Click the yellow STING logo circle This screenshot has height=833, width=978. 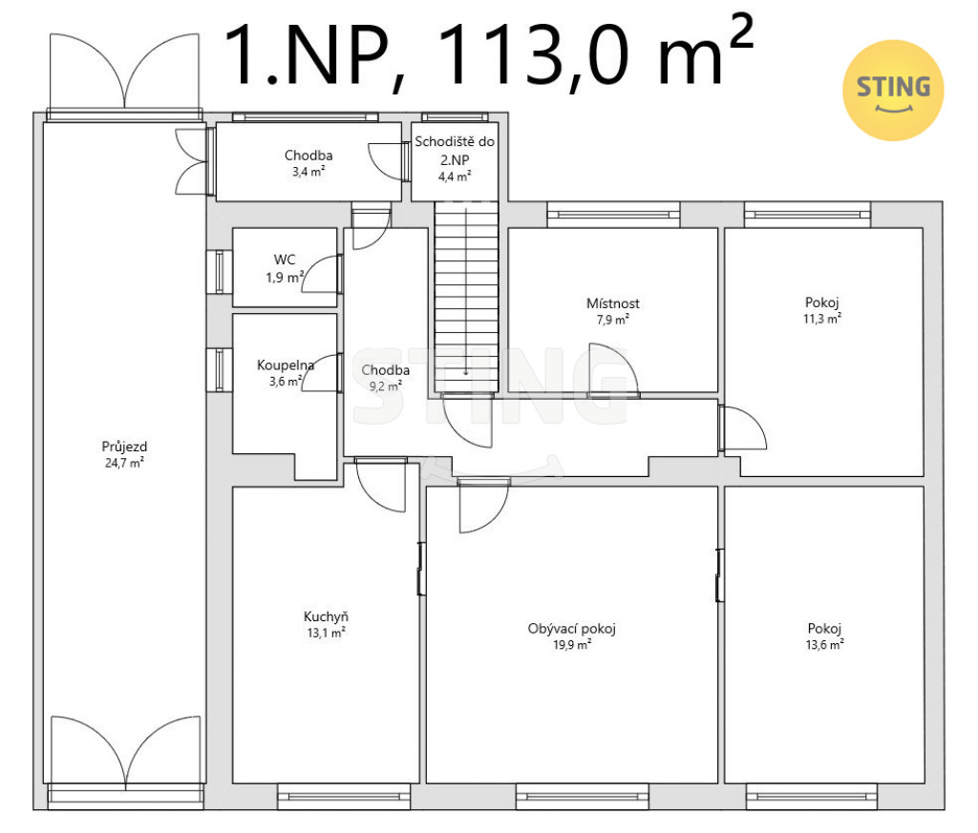pyautogui.click(x=893, y=91)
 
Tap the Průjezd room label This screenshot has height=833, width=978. pyautogui.click(x=124, y=447)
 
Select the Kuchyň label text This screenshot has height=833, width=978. pyautogui.click(x=326, y=616)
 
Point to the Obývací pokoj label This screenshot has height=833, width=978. pyautogui.click(x=571, y=629)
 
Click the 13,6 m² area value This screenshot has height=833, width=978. pyautogui.click(x=824, y=645)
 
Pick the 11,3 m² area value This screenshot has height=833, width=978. pyautogui.click(x=822, y=319)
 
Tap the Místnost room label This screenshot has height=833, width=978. pyautogui.click(x=612, y=303)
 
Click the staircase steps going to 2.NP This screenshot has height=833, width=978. pyautogui.click(x=466, y=297)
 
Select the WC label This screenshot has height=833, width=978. pyautogui.click(x=285, y=260)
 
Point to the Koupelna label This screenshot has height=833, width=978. pyautogui.click(x=285, y=365)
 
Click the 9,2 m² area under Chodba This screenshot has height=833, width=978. pyautogui.click(x=386, y=386)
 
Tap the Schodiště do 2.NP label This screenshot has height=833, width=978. pyautogui.click(x=455, y=150)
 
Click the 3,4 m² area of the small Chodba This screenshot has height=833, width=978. pyautogui.click(x=308, y=172)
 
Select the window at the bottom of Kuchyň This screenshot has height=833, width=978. pyautogui.click(x=344, y=797)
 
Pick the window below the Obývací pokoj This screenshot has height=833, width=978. pyautogui.click(x=583, y=797)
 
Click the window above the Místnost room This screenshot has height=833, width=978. pyautogui.click(x=613, y=215)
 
